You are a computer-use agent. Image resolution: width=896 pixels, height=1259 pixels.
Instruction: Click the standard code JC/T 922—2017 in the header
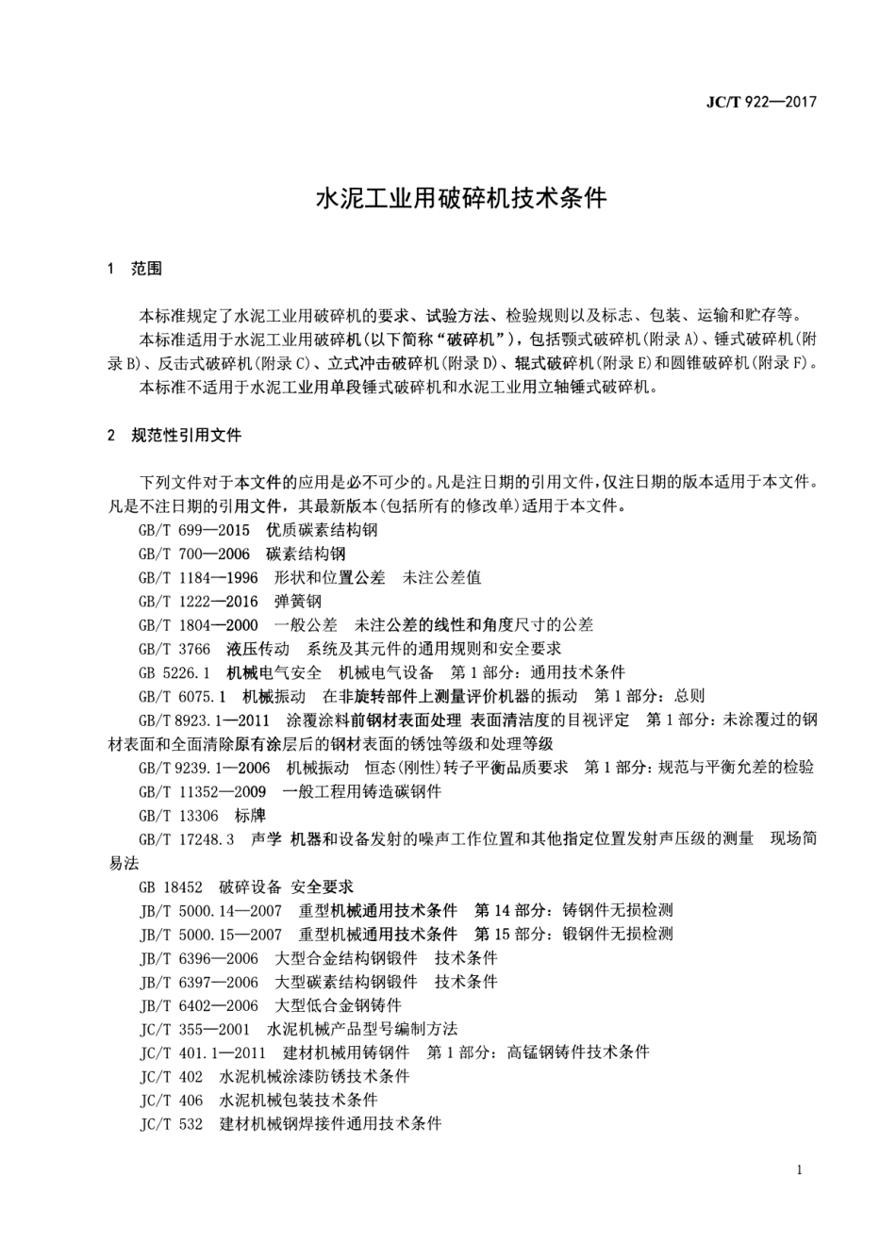pyautogui.click(x=761, y=102)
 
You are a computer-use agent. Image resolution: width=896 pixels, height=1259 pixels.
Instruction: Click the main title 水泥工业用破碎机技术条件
pyautogui.click(x=460, y=199)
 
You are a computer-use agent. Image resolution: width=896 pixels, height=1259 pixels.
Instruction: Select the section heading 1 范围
pyautogui.click(x=135, y=269)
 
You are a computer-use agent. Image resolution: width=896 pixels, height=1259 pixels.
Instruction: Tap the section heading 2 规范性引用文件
pyautogui.click(x=174, y=435)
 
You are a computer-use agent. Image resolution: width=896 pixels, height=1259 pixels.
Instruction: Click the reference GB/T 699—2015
pyautogui.click(x=194, y=530)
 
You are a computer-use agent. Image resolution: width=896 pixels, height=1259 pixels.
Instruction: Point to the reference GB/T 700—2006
pyautogui.click(x=194, y=554)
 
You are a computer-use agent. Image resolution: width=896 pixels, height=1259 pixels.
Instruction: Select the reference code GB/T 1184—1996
pyautogui.click(x=198, y=577)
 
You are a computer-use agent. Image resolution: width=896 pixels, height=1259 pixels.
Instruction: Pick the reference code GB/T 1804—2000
pyautogui.click(x=198, y=624)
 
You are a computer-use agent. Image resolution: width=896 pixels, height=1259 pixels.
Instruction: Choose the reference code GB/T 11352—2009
pyautogui.click(x=202, y=791)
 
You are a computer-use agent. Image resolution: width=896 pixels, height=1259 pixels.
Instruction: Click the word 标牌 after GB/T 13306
pyautogui.click(x=250, y=816)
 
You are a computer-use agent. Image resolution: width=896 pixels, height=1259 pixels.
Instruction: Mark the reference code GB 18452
pyautogui.click(x=171, y=886)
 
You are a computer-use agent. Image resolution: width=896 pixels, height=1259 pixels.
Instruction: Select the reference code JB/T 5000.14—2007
pyautogui.click(x=210, y=910)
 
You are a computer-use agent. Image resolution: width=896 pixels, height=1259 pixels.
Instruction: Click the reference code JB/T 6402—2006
pyautogui.click(x=198, y=1005)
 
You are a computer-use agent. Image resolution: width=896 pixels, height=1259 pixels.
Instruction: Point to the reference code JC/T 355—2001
pyautogui.click(x=194, y=1029)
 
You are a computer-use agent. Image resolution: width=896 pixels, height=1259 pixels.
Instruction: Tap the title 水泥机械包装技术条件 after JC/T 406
pyautogui.click(x=298, y=1100)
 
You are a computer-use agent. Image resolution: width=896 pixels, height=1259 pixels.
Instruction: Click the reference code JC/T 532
pyautogui.click(x=171, y=1123)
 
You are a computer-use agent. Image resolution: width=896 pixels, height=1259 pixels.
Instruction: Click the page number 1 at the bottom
pyautogui.click(x=799, y=1170)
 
